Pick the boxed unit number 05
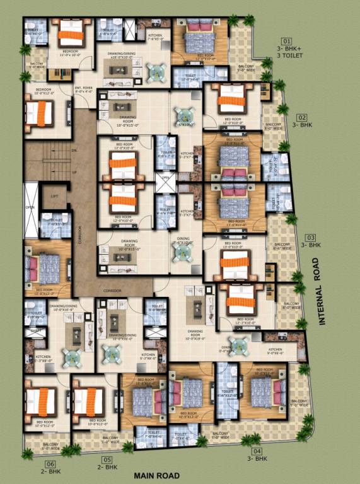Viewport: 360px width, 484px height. point(107,460)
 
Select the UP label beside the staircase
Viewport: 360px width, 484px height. point(74,171)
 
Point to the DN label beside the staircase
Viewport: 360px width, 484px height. point(74,151)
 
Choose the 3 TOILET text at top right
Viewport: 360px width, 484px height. point(290,56)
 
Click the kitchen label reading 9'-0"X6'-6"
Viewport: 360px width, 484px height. point(276,352)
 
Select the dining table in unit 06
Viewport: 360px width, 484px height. point(71,357)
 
